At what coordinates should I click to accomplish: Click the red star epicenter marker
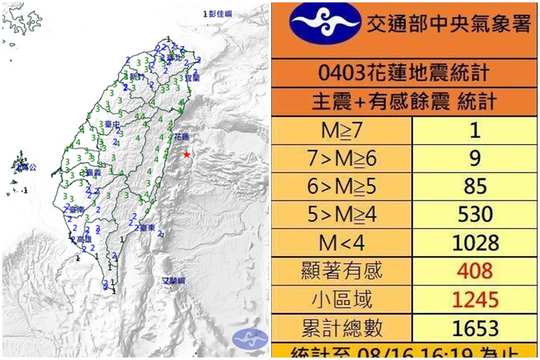click(187, 155)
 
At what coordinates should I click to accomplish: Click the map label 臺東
click(148, 228)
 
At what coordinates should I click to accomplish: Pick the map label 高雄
click(83, 239)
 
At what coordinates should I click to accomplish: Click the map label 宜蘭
click(191, 77)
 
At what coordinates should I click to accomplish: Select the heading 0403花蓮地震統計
click(404, 74)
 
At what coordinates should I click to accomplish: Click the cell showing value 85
click(475, 186)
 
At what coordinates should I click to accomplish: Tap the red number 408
click(475, 271)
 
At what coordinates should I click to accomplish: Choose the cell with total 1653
click(475, 328)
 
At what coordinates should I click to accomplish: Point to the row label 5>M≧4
click(341, 214)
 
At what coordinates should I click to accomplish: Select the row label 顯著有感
click(341, 271)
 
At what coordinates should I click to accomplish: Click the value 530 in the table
click(475, 214)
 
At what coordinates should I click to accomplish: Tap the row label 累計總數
click(341, 328)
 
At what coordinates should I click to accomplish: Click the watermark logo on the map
click(250, 337)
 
